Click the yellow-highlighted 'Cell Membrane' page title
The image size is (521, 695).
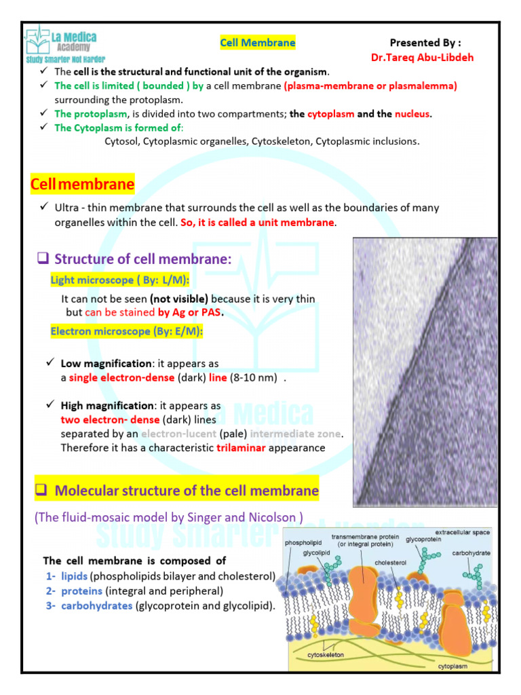pos(258,43)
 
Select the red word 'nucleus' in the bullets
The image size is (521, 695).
pos(412,114)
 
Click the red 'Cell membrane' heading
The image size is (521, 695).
pos(83,185)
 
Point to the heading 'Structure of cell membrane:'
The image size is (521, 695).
pos(143,259)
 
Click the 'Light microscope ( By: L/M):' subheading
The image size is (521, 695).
pos(120,280)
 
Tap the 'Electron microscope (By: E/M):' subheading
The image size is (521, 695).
pos(127,331)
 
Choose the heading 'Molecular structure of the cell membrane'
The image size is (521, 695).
pos(187,490)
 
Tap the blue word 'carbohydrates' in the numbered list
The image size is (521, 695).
pos(96,605)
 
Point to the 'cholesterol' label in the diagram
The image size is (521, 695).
pos(391,563)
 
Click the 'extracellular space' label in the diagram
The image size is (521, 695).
pos(463,532)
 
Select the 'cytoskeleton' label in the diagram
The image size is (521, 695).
pos(326,654)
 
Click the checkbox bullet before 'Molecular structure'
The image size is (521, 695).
pos(39,490)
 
